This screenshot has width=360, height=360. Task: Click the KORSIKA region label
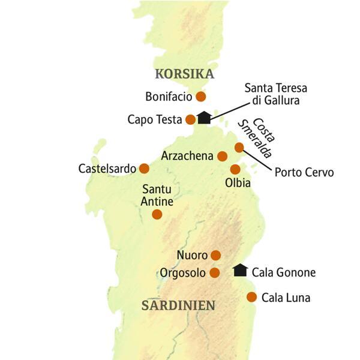(x=184, y=74)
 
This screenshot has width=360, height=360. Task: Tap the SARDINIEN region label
(x=178, y=305)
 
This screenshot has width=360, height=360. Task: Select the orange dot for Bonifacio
(x=201, y=96)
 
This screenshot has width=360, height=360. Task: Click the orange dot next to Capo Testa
(x=190, y=119)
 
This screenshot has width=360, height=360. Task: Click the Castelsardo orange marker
(x=144, y=169)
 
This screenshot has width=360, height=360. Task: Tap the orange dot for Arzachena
(x=222, y=156)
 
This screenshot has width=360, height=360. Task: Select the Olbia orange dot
(x=235, y=169)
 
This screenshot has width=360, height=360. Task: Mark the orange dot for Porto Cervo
(x=239, y=147)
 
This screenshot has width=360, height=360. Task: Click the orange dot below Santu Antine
(x=157, y=214)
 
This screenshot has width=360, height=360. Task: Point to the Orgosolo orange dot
(x=215, y=273)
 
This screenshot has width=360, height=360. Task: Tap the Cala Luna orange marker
(x=252, y=297)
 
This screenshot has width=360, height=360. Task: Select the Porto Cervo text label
(x=304, y=173)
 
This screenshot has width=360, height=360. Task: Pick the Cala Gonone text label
(x=283, y=272)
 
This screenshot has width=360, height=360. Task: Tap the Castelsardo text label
(x=107, y=169)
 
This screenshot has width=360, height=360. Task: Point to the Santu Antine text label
(x=157, y=196)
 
